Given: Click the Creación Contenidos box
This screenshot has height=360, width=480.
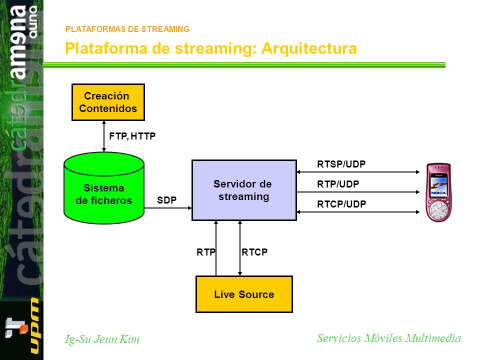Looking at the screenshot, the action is (108, 102).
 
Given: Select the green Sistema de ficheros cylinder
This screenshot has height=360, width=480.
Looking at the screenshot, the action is (104, 188).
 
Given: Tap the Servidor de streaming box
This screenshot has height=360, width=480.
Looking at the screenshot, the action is (244, 190).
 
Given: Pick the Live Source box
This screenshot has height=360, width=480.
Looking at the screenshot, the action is (244, 294).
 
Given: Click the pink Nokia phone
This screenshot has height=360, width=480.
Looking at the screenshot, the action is (438, 192).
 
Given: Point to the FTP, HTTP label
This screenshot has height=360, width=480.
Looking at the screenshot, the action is (132, 136).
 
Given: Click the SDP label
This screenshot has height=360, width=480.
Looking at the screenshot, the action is (167, 200).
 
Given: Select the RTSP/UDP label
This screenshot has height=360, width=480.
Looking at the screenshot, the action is (341, 164).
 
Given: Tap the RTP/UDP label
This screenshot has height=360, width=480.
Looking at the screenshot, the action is (338, 184).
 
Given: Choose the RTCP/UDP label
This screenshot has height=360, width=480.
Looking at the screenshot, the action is (341, 204).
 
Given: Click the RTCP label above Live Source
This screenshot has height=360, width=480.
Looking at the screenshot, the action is (254, 252).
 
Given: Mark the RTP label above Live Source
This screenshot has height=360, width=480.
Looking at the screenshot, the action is (206, 252).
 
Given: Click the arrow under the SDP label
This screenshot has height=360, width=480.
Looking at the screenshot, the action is (168, 208).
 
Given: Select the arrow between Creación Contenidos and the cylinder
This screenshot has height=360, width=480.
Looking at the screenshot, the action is (104, 136).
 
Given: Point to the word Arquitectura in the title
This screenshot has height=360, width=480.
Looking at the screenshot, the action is (309, 48).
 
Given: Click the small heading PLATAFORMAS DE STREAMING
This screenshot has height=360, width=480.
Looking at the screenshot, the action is (127, 29).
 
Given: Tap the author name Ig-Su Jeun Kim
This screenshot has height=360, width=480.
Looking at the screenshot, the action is (102, 339).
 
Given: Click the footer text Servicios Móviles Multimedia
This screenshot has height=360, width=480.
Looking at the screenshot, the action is (389, 338).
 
